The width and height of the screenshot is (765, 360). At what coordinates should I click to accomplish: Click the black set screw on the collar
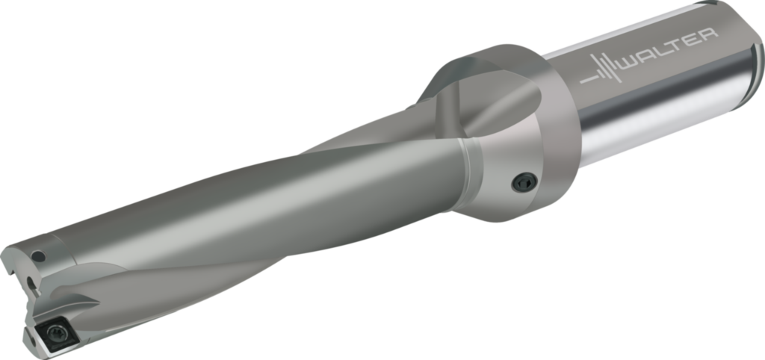524,182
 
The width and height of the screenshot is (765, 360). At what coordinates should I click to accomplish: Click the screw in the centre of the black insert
55,334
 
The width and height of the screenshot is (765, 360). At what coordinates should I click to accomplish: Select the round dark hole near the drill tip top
38,255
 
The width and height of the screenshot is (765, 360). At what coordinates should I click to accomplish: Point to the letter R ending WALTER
708,36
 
